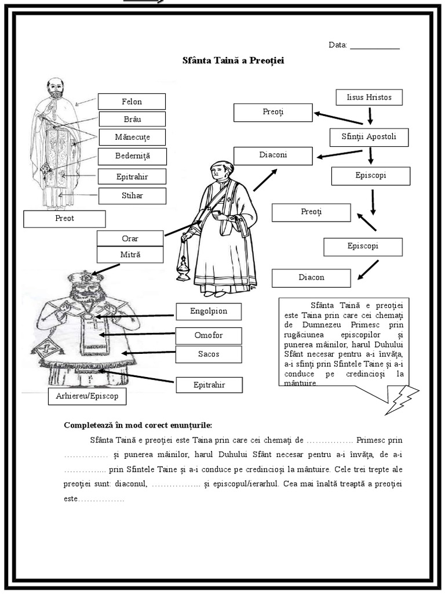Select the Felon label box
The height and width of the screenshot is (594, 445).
[x=132, y=102]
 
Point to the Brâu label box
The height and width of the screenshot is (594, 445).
[x=132, y=119]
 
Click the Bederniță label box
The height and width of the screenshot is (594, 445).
[x=132, y=156]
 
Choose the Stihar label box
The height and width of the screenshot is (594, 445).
[x=132, y=195]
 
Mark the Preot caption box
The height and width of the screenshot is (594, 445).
[x=64, y=219]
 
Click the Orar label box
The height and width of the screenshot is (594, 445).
[x=130, y=238]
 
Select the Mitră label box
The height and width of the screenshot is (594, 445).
[x=130, y=254]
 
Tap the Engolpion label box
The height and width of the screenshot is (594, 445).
[x=209, y=311]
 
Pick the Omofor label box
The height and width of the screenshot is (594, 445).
[x=209, y=335]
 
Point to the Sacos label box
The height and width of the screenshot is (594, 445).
[x=209, y=354]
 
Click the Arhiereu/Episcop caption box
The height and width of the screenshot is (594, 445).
[x=86, y=397]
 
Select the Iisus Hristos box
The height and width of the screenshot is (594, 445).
[x=369, y=97]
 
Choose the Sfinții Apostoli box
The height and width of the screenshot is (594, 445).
[x=369, y=137]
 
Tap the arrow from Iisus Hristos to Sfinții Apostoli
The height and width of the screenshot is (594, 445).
[x=370, y=115]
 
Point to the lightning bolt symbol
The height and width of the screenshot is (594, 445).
[x=402, y=399]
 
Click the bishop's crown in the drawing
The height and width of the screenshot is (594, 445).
[x=82, y=279]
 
